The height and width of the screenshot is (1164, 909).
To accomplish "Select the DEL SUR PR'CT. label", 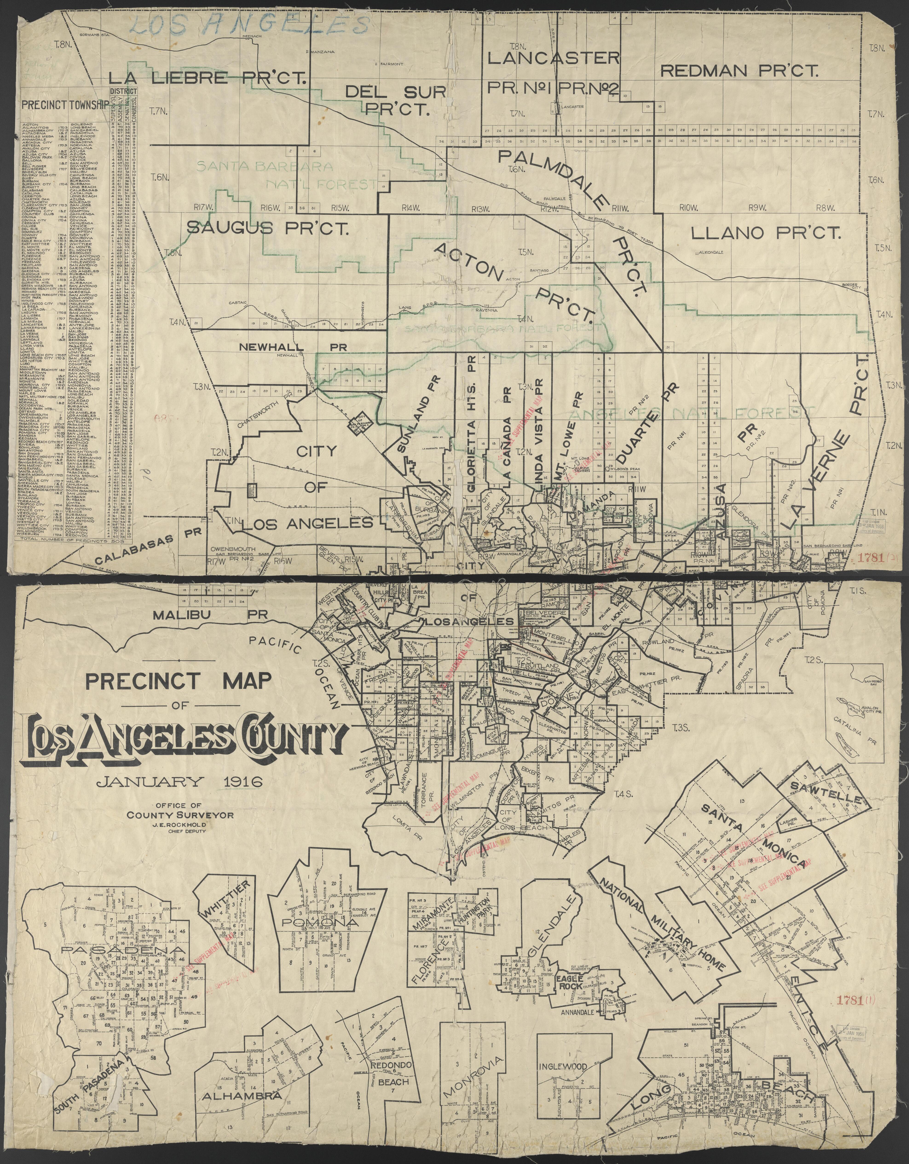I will tap(395, 100).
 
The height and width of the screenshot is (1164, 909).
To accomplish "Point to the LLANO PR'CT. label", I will tap(766, 232).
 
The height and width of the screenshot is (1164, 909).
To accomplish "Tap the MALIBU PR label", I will tap(203, 614).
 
